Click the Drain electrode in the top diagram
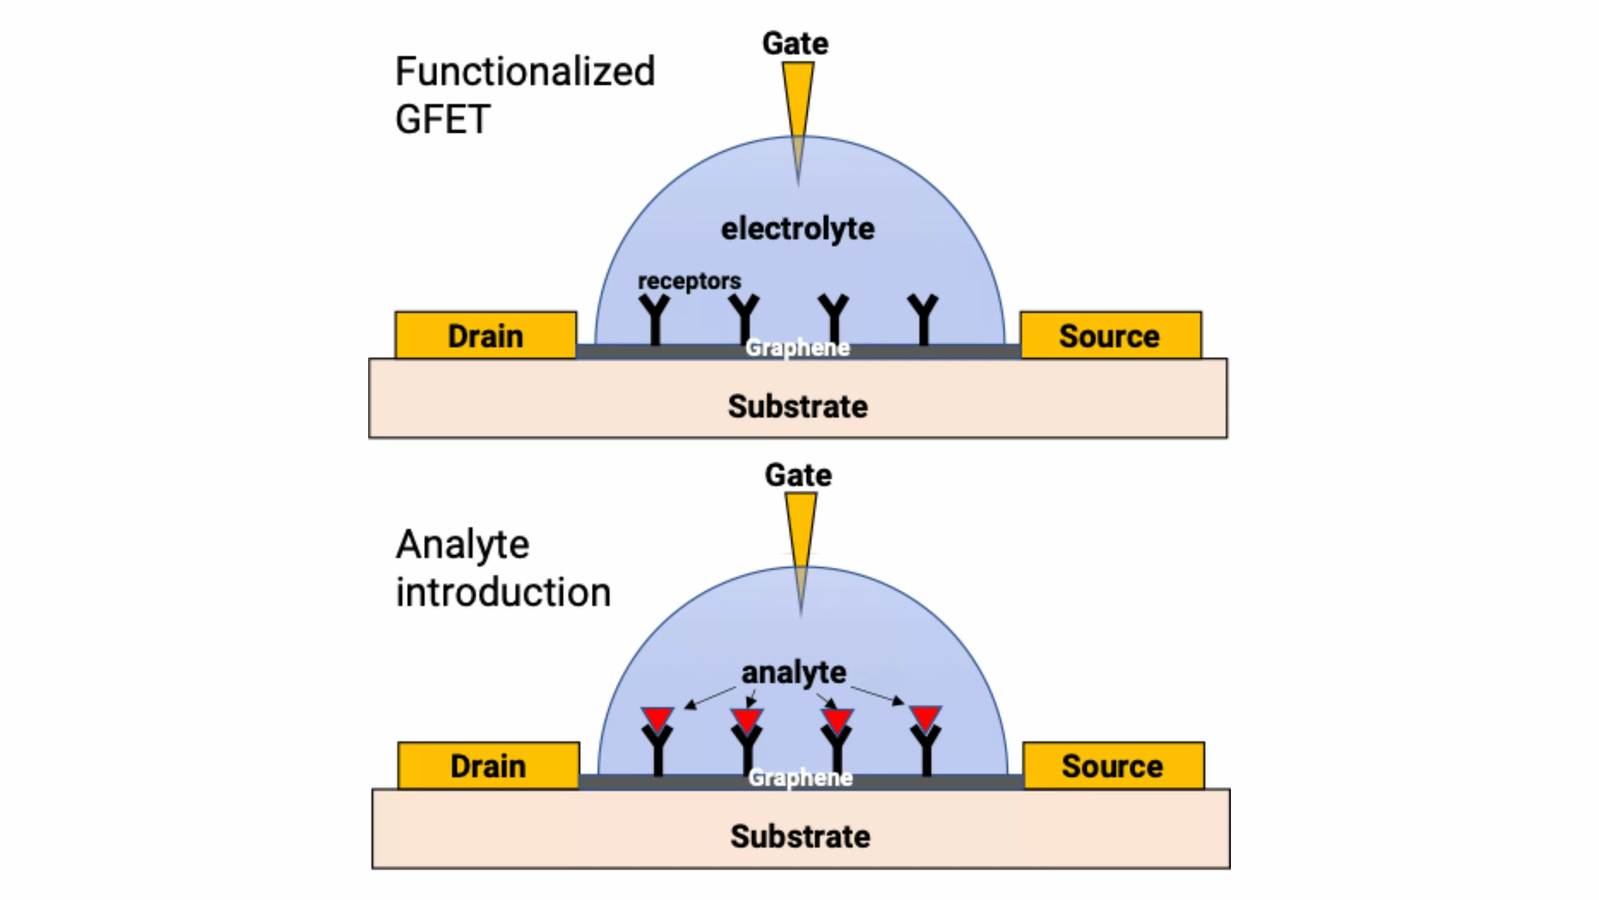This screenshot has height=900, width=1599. [486, 335]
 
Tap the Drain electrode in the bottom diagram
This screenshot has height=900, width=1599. [488, 765]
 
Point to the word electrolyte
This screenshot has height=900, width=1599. [798, 229]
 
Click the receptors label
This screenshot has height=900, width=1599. [689, 281]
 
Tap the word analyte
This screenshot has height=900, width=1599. [794, 672]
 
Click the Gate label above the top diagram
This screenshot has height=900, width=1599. [795, 43]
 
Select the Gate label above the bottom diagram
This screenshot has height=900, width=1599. [798, 475]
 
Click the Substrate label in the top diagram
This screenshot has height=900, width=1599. [798, 406]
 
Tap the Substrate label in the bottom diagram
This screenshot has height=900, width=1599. [800, 836]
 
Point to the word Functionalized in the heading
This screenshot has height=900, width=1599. [525, 71]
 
